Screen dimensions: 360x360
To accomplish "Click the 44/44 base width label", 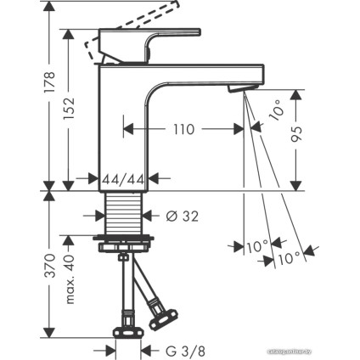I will pos(121,180).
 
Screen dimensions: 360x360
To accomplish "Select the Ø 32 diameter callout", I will pos(177,216).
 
